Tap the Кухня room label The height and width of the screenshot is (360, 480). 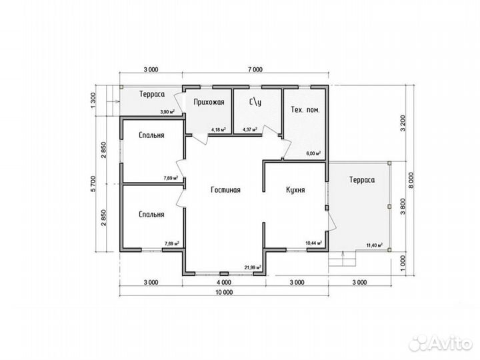295,190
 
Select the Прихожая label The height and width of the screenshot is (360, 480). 209,102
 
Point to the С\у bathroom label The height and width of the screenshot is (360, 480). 255,102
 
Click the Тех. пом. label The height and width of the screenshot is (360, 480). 305,109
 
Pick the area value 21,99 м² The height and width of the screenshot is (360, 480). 252,267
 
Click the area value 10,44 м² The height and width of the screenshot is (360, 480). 313,243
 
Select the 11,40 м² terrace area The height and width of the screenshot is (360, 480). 375,245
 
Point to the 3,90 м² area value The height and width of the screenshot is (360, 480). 167,112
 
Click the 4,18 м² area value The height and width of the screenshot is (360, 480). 219,129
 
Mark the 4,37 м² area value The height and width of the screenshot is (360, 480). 250,129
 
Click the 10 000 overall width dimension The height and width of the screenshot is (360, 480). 224,293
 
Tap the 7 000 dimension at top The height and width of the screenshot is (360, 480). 255,69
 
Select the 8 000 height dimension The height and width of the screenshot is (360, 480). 411,180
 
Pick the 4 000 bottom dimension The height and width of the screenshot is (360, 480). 224,282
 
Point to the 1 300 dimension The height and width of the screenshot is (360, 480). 94,100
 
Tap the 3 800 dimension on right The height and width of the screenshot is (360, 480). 403,206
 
